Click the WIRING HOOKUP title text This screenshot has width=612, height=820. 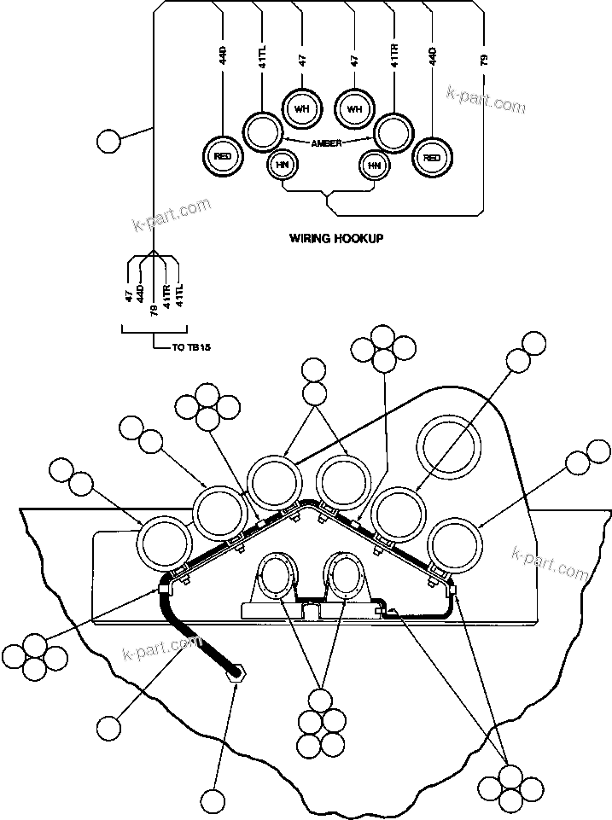336,239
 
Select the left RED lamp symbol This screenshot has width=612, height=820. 222,157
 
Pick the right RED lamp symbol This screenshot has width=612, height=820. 432,157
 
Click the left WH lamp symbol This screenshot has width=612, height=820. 300,108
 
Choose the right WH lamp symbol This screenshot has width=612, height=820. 354,108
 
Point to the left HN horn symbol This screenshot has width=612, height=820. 281,165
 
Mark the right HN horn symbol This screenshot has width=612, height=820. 373,165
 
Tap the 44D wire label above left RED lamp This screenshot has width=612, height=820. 223,56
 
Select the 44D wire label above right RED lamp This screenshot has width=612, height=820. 433,56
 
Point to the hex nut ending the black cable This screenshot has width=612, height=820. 236,673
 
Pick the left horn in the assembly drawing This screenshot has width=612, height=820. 277,578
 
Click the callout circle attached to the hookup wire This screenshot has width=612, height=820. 109,140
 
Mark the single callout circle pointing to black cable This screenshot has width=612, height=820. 109,728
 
